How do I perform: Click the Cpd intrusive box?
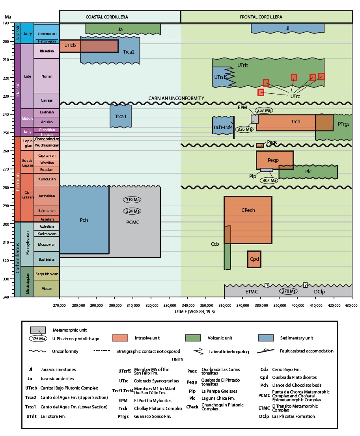[x=254, y=259]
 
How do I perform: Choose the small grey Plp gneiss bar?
[x=267, y=170]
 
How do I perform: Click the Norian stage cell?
[x=47, y=76]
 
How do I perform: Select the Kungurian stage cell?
[x=47, y=179]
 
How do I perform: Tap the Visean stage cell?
[x=47, y=288]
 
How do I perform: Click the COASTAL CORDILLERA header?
[x=106, y=17]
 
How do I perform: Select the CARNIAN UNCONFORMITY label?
[x=176, y=98]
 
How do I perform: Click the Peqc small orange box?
[x=260, y=145]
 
